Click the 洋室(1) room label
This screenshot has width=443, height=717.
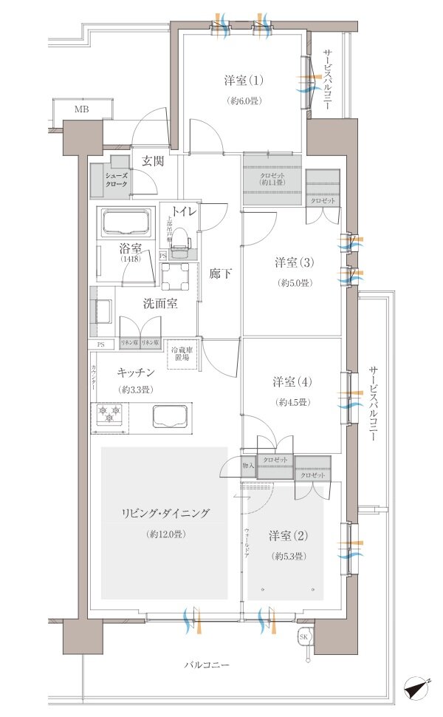pos(243,79)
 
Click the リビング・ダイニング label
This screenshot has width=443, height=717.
pos(165,513)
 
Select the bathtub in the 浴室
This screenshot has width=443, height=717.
pos(126,223)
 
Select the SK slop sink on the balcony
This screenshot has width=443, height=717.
pos(303,637)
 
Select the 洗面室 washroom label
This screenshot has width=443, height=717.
pos(159,304)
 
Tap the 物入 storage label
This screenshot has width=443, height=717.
pos(248,465)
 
